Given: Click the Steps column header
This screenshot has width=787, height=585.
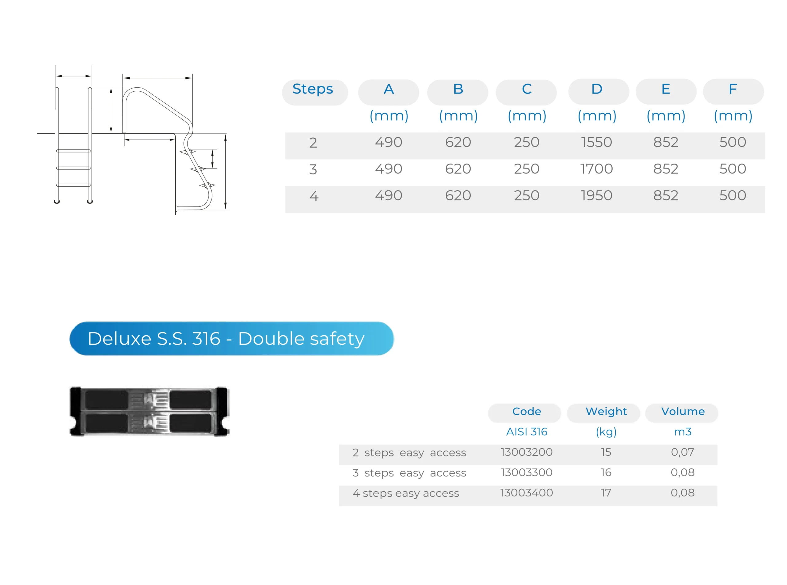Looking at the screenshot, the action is pyautogui.click(x=313, y=89).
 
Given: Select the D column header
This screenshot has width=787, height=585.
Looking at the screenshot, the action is pyautogui.click(x=597, y=89).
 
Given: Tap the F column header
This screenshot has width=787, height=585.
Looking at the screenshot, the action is pyautogui.click(x=733, y=89).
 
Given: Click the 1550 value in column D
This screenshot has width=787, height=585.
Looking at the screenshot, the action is pyautogui.click(x=597, y=142).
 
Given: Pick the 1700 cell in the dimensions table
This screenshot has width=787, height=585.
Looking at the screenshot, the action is pyautogui.click(x=597, y=169).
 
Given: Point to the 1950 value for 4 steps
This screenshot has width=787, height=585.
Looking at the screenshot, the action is pyautogui.click(x=597, y=196).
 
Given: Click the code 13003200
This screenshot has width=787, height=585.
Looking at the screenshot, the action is pyautogui.click(x=527, y=452).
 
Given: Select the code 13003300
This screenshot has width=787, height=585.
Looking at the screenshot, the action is pyautogui.click(x=527, y=472).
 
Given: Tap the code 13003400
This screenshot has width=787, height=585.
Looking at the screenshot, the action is pyautogui.click(x=527, y=493).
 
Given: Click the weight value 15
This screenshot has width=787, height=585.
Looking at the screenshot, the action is pyautogui.click(x=606, y=452).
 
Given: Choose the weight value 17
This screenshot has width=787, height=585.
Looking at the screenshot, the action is pyautogui.click(x=606, y=493).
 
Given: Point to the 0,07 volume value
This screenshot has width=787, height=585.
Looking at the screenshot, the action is pyautogui.click(x=682, y=452).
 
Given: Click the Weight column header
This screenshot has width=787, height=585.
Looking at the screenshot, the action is pyautogui.click(x=606, y=412).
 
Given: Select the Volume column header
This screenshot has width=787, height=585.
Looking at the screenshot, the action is pyautogui.click(x=683, y=412).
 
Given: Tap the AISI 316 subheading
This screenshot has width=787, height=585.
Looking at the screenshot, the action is pyautogui.click(x=527, y=432).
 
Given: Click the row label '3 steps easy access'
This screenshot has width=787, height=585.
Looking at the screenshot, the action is pyautogui.click(x=409, y=473).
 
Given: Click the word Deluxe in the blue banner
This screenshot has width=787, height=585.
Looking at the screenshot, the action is pyautogui.click(x=119, y=339).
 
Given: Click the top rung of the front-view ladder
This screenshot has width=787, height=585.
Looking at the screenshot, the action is pyautogui.click(x=73, y=151).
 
